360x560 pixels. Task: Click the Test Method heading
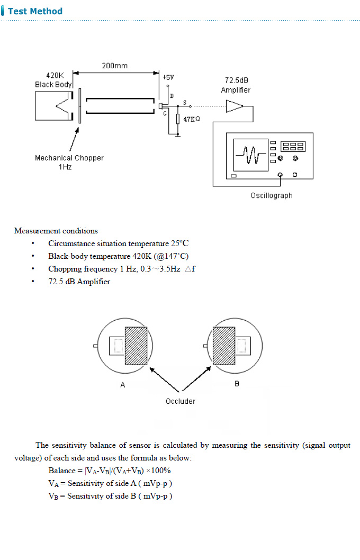[x=35, y=11]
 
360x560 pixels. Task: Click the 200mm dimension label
[x=114, y=66]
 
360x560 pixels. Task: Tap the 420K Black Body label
[x=53, y=80]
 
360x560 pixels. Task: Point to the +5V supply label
[x=168, y=77]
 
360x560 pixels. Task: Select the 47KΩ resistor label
[x=192, y=120]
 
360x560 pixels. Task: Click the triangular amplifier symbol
[x=235, y=106]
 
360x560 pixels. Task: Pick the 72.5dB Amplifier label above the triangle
[x=236, y=85]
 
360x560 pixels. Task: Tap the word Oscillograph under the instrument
[x=271, y=195]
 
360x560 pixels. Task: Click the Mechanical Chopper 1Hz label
[x=69, y=162]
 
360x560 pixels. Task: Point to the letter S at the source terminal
[x=184, y=102]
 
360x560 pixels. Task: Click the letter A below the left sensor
[x=123, y=385]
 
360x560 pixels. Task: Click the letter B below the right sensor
[x=237, y=383]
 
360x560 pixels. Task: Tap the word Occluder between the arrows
[x=181, y=401]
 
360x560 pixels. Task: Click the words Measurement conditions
[x=56, y=231]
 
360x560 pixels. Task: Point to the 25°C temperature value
[x=179, y=243]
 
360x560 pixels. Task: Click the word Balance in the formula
[x=62, y=471]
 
